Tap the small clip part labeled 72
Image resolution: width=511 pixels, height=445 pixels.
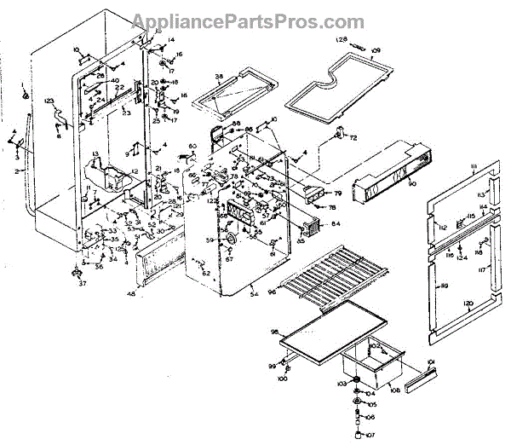pyautogui.click(x=342, y=133)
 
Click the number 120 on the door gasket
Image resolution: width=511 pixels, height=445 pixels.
pyautogui.click(x=467, y=303)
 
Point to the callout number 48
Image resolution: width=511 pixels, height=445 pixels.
pyautogui.click(x=131, y=294)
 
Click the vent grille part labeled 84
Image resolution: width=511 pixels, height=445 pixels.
pyautogui.click(x=309, y=228)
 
